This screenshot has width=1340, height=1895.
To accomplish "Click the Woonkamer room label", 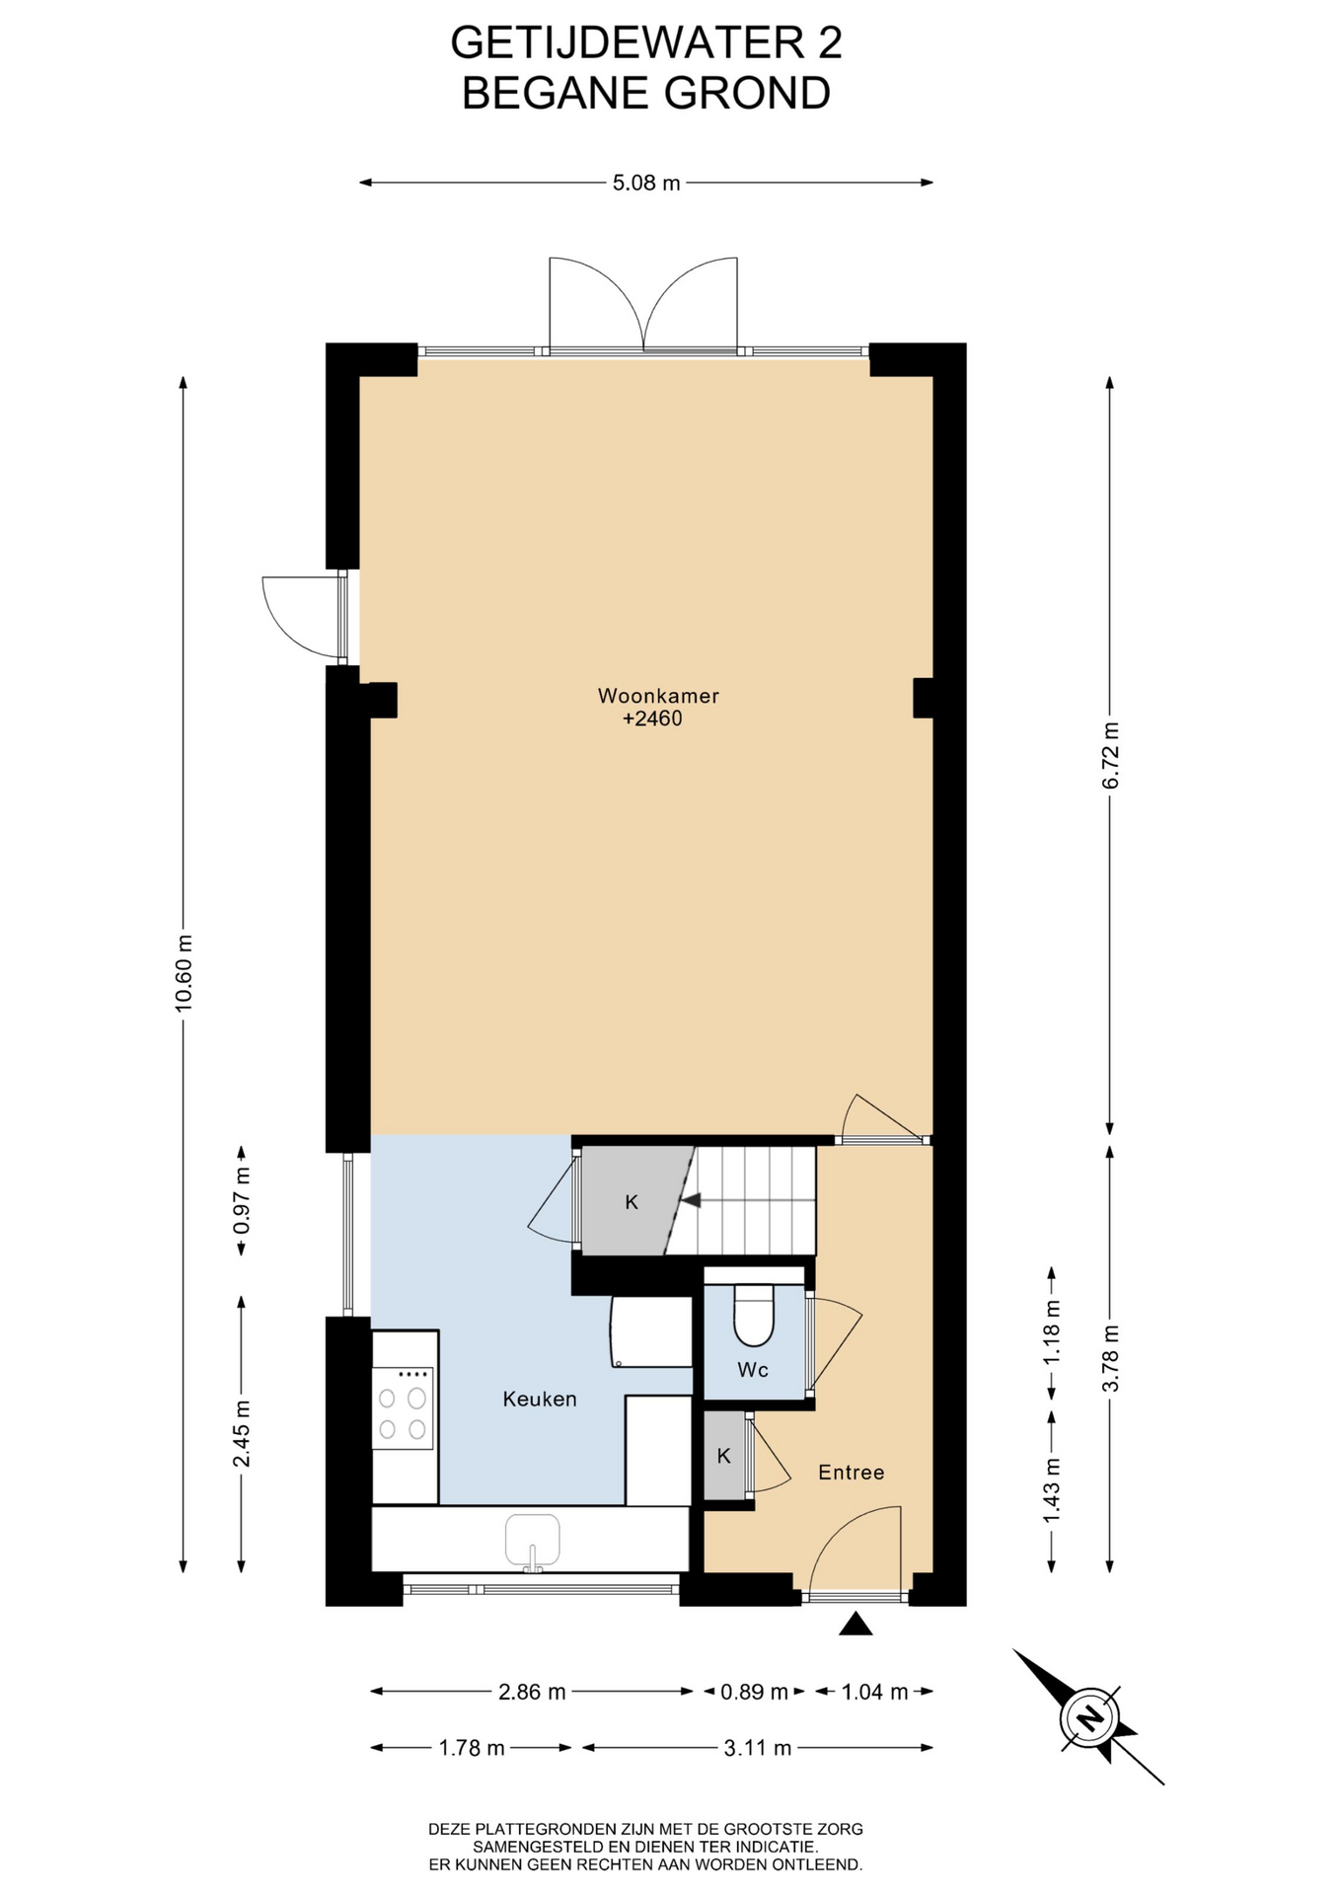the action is pyautogui.click(x=658, y=696).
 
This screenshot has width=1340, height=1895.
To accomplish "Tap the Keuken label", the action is pyautogui.click(x=540, y=1399).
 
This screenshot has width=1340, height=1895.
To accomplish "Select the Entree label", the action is pyautogui.click(x=851, y=1473).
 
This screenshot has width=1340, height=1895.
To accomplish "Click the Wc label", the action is pyautogui.click(x=753, y=1370).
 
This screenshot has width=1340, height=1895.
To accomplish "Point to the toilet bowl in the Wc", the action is pyautogui.click(x=755, y=1315).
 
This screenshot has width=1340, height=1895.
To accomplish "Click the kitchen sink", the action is pyautogui.click(x=532, y=1543).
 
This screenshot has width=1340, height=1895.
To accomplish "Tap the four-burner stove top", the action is pyautogui.click(x=403, y=1407).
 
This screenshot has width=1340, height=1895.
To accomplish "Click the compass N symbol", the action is pyautogui.click(x=1089, y=1720).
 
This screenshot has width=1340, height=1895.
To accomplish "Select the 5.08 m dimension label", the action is pyautogui.click(x=646, y=183).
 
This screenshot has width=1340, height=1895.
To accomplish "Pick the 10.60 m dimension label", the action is pyautogui.click(x=184, y=971).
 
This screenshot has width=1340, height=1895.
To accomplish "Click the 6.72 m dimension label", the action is pyautogui.click(x=1111, y=755).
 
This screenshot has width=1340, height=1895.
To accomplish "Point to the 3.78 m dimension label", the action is pyautogui.click(x=1111, y=1358).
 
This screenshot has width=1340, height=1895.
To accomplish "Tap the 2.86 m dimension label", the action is pyautogui.click(x=532, y=1692).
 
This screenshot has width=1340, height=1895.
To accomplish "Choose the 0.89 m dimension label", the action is pyautogui.click(x=754, y=1692).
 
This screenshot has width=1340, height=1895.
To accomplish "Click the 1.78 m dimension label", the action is pyautogui.click(x=472, y=1748).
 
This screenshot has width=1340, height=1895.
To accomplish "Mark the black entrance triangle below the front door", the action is pyautogui.click(x=856, y=1624).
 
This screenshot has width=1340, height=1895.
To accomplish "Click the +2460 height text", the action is pyautogui.click(x=652, y=719).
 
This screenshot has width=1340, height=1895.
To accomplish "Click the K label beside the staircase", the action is pyautogui.click(x=632, y=1202).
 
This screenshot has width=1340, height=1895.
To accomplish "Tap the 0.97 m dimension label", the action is pyautogui.click(x=242, y=1200).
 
